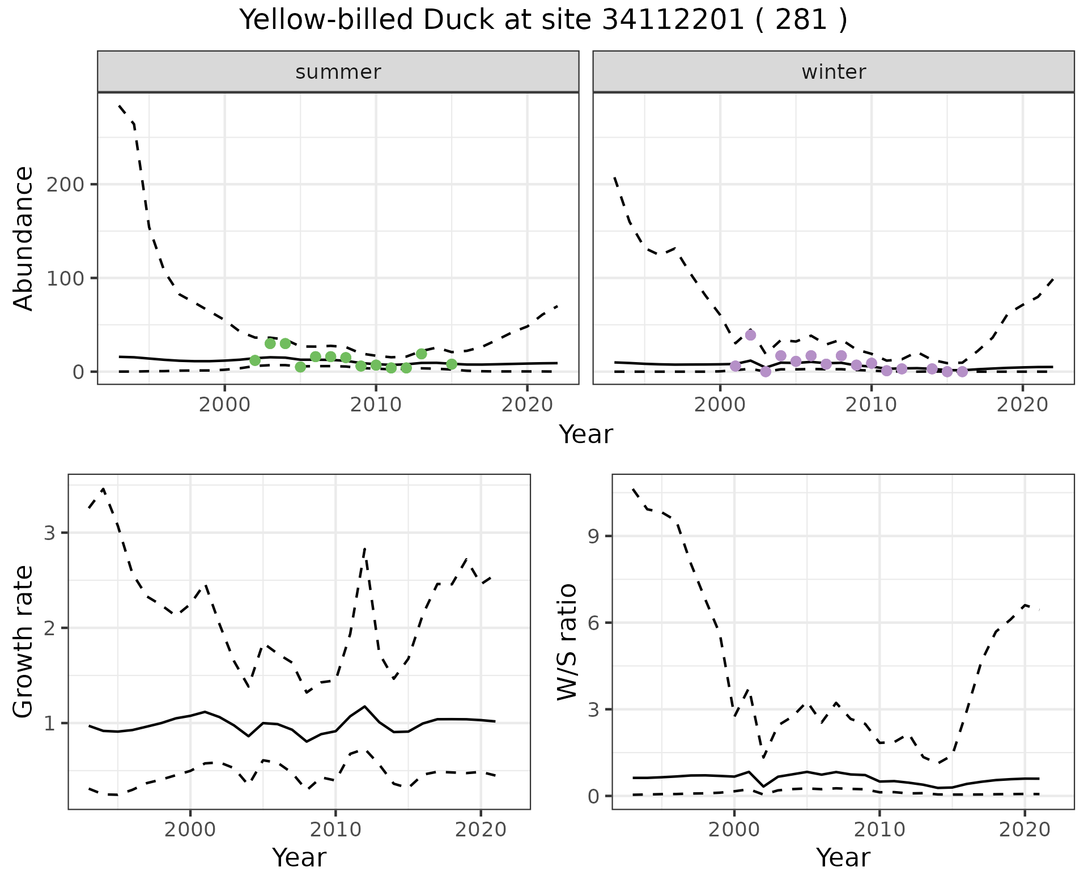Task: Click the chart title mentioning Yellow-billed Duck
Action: coord(543,20)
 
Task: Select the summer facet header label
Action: coord(338,72)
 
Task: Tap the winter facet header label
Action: coord(834,72)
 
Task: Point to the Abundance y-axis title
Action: coord(24,239)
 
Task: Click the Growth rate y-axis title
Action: coord(24,641)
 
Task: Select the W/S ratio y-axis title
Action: coord(567,641)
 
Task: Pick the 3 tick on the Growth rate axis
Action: coord(52,533)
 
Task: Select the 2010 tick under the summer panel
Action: coord(376,406)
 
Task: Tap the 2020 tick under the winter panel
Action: coord(1022,406)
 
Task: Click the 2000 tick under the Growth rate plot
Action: coord(190,830)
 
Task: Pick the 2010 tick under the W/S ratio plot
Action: coord(879,830)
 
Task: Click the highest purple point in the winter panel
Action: coord(750,335)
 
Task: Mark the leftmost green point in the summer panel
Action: coord(255,360)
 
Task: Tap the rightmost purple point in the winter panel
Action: coord(962,372)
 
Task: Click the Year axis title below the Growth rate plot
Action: coord(299,858)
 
